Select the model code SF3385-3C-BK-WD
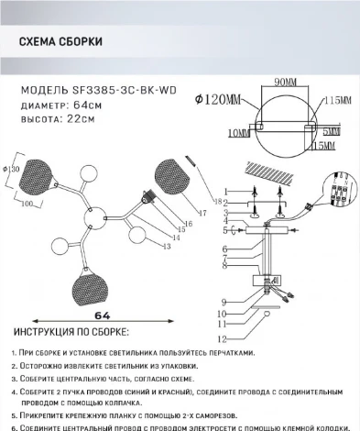click(x=124, y=91)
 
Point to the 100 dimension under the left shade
click(x=28, y=203)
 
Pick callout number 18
click(x=217, y=201)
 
